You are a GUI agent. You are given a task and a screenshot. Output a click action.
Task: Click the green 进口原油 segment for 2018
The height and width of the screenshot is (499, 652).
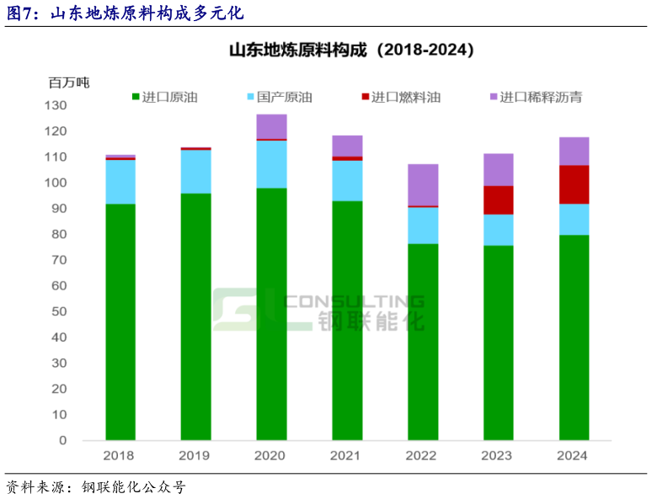(120, 321)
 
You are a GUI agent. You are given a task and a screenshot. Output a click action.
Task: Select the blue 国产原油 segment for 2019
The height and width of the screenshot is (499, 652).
(195, 172)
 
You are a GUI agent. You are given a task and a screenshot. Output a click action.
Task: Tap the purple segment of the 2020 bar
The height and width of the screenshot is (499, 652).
(271, 126)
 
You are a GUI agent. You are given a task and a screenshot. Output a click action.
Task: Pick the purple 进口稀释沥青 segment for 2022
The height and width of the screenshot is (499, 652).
(423, 184)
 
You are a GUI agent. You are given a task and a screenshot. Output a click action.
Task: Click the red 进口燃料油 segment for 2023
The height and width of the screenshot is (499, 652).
(499, 199)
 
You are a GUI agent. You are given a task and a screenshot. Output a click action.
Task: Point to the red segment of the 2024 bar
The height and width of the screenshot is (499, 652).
(574, 184)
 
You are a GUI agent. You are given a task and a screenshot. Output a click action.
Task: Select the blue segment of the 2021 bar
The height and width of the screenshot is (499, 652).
(347, 180)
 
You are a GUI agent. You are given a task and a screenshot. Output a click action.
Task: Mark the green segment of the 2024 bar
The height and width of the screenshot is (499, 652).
(574, 337)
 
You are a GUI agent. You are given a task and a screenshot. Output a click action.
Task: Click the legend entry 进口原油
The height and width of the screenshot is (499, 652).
(164, 98)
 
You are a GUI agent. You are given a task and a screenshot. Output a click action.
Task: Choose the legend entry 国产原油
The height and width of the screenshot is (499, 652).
(279, 98)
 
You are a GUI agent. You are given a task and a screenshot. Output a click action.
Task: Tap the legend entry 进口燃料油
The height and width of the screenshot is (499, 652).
(400, 98)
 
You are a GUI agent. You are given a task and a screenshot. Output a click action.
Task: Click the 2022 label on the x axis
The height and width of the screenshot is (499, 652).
(423, 455)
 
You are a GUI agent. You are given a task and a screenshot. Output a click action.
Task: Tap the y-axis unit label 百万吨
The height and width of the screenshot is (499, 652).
(69, 82)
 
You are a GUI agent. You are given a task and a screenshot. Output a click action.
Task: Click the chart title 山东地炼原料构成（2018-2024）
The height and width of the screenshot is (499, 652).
(352, 50)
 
